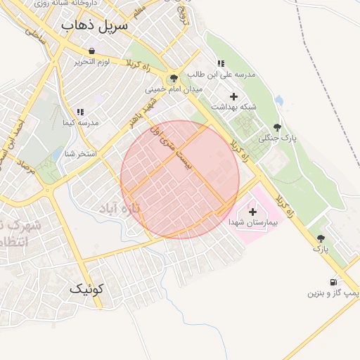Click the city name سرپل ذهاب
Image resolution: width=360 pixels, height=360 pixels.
coord(96,26)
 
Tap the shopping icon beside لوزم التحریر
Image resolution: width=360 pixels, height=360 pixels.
coord(92,51)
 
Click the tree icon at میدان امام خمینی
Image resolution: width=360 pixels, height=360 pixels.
coord(173,78)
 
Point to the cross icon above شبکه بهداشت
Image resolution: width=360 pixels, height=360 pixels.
coord(233,96)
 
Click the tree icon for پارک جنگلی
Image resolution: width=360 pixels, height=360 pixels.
coord(277,127)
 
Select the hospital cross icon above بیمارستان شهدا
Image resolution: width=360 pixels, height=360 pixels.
coord(252,210)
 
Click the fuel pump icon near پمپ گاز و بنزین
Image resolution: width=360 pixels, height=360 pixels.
coord(333,282)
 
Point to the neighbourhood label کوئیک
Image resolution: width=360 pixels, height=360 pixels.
coord(87,288)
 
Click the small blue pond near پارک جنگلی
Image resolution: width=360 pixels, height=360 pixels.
coord(279,101)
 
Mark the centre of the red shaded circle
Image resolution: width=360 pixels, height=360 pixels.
coord(180,180)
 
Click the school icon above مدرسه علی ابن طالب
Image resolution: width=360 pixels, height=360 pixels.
coord(221,63)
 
